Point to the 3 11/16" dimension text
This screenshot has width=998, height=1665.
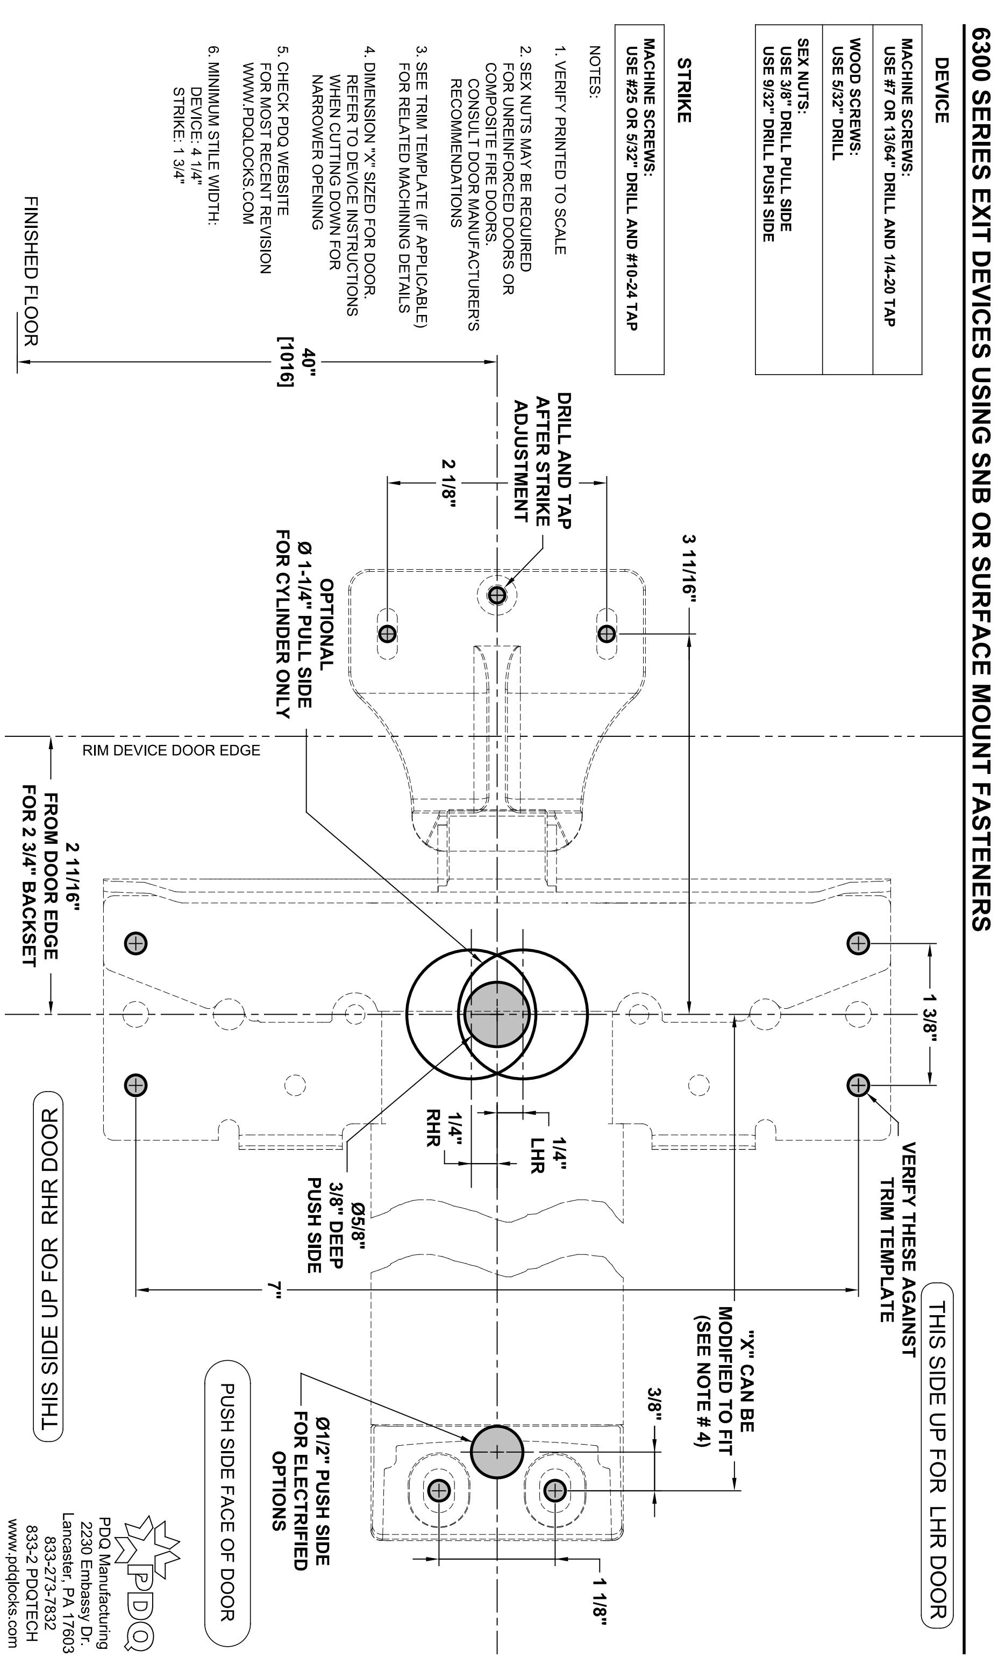(x=689, y=569)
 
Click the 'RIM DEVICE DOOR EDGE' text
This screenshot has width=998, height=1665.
(x=172, y=750)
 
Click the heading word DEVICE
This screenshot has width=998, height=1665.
(x=942, y=91)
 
